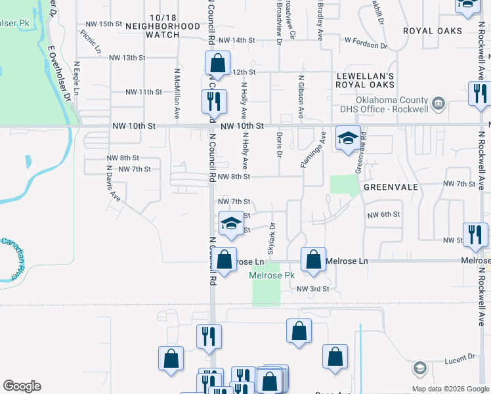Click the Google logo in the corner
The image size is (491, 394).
point(22,386)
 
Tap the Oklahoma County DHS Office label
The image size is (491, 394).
point(384,104)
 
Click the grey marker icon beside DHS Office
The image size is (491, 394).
point(439,103)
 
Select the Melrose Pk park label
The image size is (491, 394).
point(272,276)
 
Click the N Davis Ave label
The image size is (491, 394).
point(114,187)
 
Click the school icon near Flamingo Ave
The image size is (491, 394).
point(349,138)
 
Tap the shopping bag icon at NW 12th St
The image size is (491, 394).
point(217,64)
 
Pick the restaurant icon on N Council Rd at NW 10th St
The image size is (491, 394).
point(214,101)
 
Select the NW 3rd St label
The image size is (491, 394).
point(312,289)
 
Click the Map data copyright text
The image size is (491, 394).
point(450,389)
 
